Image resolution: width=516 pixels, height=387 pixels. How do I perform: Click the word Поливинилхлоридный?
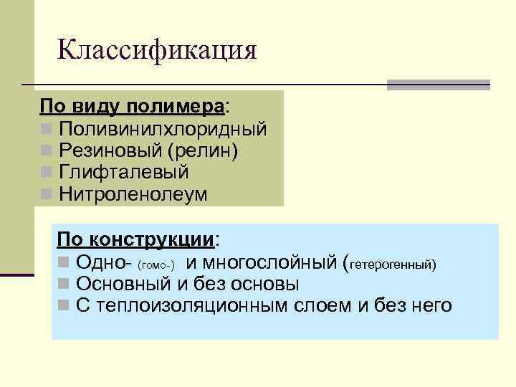tap(163, 130)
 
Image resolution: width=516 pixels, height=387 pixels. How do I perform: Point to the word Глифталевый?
tap(124, 173)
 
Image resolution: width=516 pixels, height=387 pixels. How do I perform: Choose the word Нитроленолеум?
tap(133, 194)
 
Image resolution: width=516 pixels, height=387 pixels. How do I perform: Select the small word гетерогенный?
tap(390, 264)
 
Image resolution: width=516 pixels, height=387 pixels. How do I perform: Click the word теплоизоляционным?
tap(194, 305)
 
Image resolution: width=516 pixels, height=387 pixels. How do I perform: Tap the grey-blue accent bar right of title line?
tap(438, 85)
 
